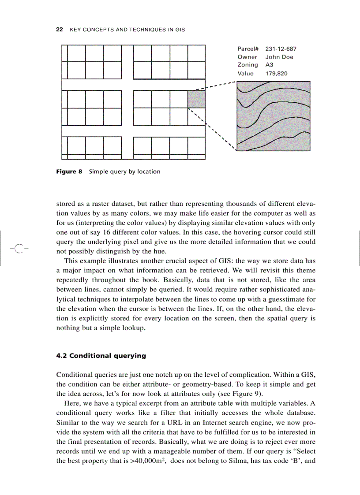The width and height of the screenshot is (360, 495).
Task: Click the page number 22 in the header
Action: coord(59,30)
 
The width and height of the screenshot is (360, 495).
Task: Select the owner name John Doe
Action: coord(279,57)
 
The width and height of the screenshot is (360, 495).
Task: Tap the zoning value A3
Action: coord(269,65)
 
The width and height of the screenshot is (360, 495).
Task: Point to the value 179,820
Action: coord(276,74)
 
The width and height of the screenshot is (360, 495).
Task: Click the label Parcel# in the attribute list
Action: coord(248,48)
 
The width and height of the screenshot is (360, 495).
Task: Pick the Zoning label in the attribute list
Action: coord(247,65)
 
